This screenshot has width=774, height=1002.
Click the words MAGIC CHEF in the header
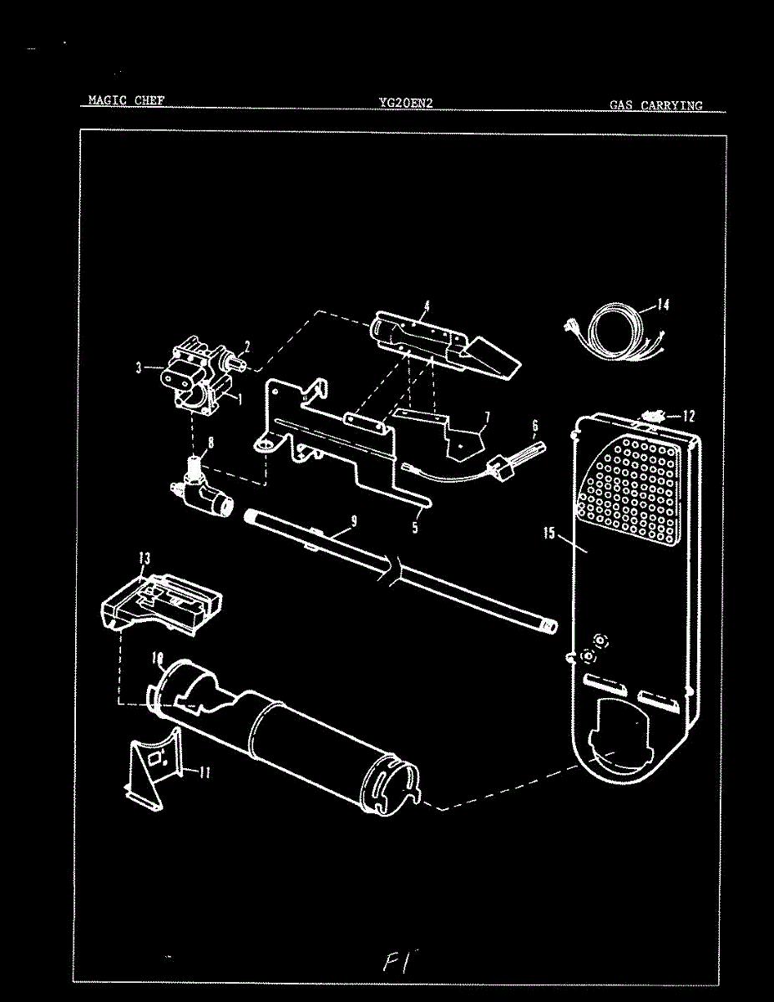(x=126, y=101)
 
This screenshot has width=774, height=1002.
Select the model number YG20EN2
(x=405, y=104)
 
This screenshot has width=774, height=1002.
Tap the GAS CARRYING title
(x=655, y=106)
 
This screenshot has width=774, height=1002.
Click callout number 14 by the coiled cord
(x=662, y=305)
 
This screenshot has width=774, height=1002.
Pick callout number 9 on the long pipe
(x=354, y=521)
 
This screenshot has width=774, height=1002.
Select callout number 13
(x=144, y=558)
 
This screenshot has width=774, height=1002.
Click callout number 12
(x=688, y=415)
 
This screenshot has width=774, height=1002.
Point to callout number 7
(x=486, y=415)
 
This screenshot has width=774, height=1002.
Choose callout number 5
(x=415, y=528)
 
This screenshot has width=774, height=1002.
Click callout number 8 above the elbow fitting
(x=210, y=443)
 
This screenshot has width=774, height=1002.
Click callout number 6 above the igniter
(x=534, y=427)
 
